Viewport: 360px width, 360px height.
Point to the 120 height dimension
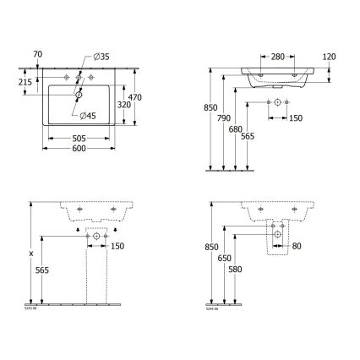(329, 57)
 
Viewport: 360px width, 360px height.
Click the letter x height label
(30, 252)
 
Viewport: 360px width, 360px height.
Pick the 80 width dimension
(296, 247)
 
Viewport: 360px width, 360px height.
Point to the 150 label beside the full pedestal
(118, 246)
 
